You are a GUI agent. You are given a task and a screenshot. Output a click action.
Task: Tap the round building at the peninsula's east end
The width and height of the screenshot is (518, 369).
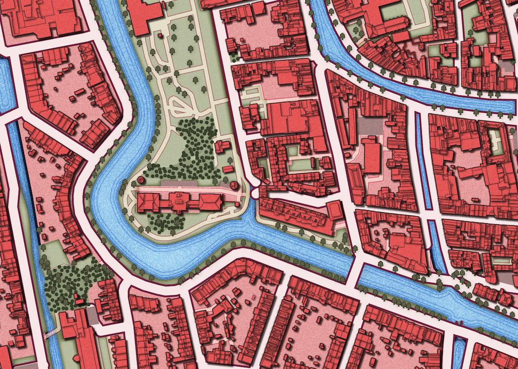(x=234, y=185)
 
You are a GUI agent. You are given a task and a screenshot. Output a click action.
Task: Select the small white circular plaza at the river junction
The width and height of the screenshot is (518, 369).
(x=255, y=193)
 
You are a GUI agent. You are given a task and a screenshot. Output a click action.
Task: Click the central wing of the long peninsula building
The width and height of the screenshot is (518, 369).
(x=179, y=200)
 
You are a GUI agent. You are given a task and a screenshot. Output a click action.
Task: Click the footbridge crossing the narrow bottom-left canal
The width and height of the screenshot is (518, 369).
(x=50, y=334)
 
